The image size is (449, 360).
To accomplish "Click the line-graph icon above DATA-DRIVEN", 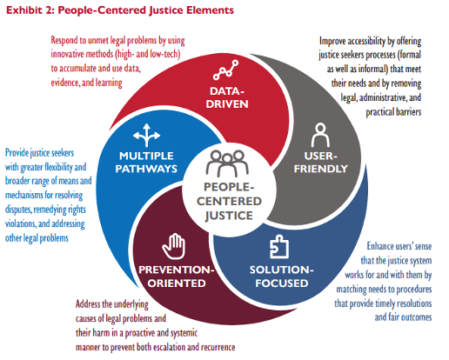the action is (225, 70).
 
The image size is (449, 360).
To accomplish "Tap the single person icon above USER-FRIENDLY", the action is (320, 136).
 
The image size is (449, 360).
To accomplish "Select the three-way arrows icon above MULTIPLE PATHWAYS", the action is (146, 136).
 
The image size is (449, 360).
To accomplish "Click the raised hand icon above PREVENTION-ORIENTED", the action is (174, 246).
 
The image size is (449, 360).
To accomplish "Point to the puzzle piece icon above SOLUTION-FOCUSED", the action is (279, 246).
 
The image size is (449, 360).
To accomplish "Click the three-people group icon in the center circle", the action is (227, 163).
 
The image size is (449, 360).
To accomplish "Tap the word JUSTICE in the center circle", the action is (229, 216).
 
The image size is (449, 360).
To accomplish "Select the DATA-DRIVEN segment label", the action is (227, 97).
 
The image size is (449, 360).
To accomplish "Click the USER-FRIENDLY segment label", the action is (321, 163).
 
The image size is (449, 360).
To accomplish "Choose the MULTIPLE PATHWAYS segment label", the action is (146, 163).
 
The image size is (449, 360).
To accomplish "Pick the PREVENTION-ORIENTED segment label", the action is (177, 277).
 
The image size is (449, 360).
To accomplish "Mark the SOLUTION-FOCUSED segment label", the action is (282, 277).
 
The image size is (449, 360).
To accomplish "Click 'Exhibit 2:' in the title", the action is (30, 10).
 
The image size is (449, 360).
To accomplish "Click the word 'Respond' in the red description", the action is (64, 41).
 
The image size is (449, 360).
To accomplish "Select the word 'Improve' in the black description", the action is (332, 41).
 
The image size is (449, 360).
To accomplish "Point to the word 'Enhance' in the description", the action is (379, 246).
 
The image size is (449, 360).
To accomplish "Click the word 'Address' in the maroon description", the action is (88, 304).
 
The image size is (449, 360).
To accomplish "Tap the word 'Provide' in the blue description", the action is (17, 153).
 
